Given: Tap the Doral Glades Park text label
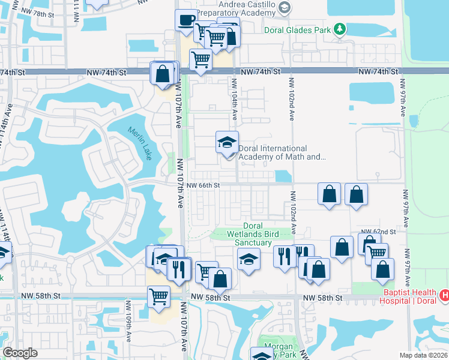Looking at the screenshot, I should click(298, 29).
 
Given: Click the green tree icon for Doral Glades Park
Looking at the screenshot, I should click(340, 28).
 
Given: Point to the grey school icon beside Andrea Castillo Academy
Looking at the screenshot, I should click(285, 8).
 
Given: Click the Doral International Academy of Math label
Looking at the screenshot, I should click(282, 152).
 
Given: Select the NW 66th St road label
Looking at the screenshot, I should click(203, 185).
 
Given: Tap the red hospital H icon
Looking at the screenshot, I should click(444, 295).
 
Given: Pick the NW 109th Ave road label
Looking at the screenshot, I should click(128, 327).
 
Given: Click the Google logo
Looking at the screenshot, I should click(20, 353).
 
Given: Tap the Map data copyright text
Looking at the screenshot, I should click(424, 355).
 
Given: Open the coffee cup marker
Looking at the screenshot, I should click(186, 20).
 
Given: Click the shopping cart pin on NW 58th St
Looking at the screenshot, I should click(158, 296).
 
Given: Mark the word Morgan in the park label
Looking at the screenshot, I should click(279, 347).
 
